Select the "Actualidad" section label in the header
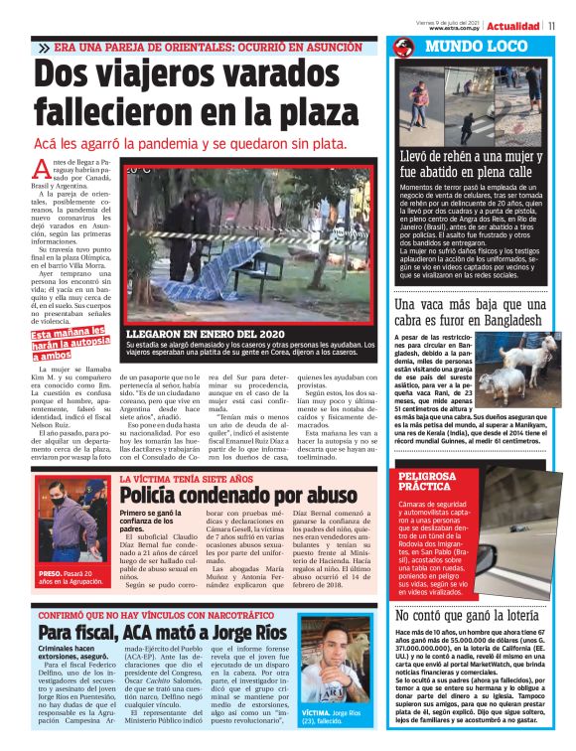tap(513, 25)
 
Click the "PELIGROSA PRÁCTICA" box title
tap(427, 482)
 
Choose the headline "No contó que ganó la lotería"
tap(468, 588)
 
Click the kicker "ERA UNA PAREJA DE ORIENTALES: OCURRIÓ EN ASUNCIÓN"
tap(204, 48)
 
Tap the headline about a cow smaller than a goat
tap(468, 313)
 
